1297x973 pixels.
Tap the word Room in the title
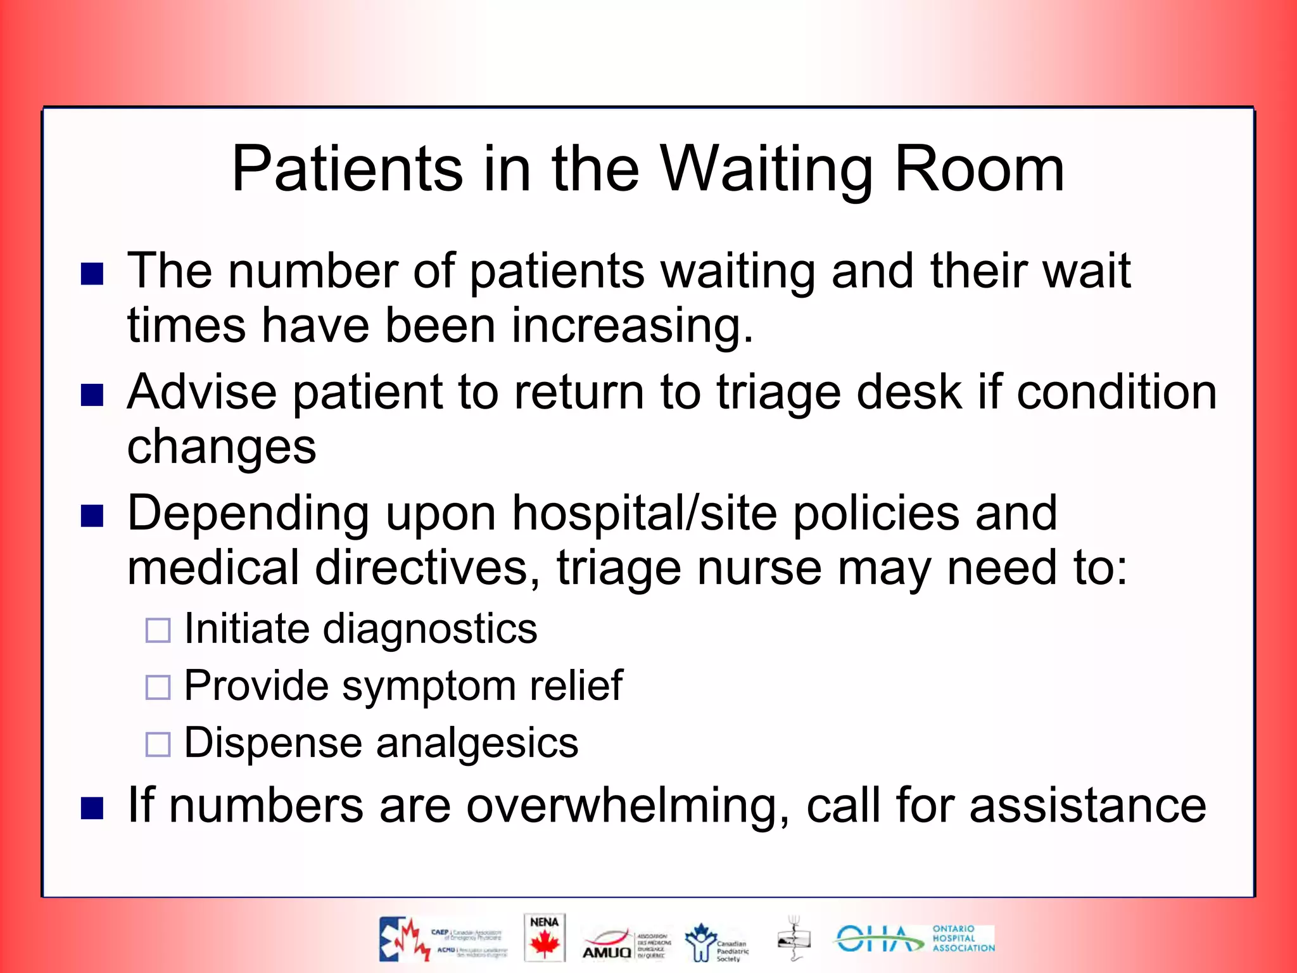(979, 170)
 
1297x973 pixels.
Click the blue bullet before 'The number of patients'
(92, 274)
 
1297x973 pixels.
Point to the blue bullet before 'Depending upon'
(92, 516)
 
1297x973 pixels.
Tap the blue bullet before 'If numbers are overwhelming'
(92, 808)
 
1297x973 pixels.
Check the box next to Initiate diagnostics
(158, 631)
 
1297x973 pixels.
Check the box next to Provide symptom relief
(158, 687)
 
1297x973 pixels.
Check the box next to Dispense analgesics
(158, 744)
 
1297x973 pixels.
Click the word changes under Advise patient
(222, 447)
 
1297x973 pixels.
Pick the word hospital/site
(644, 513)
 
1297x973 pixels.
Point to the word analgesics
(476, 743)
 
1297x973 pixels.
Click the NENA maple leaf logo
(544, 938)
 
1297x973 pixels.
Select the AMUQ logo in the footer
(608, 944)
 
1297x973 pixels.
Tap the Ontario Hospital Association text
(963, 939)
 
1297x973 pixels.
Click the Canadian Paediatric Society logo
(716, 943)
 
